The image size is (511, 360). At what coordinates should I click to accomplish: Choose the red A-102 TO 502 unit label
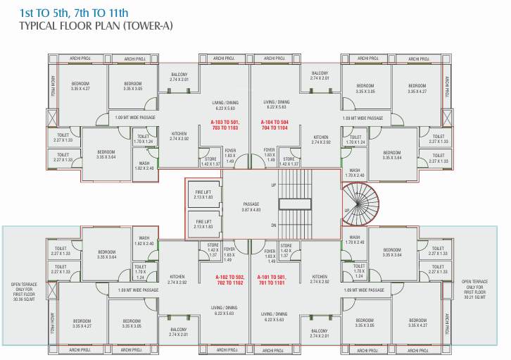tap(231, 280)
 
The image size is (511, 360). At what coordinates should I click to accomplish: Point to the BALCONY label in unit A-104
tap(320, 76)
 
